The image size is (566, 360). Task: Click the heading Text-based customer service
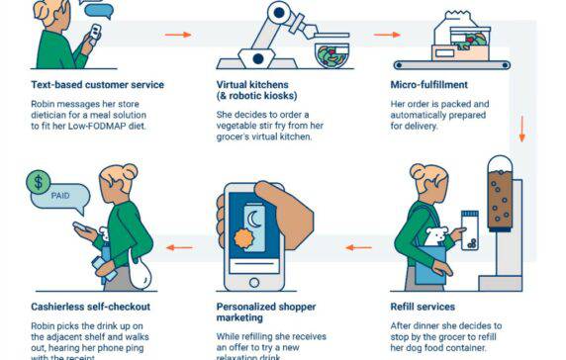point(96,84)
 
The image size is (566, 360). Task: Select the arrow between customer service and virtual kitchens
point(178,35)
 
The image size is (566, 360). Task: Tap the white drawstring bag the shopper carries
point(141,268)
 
